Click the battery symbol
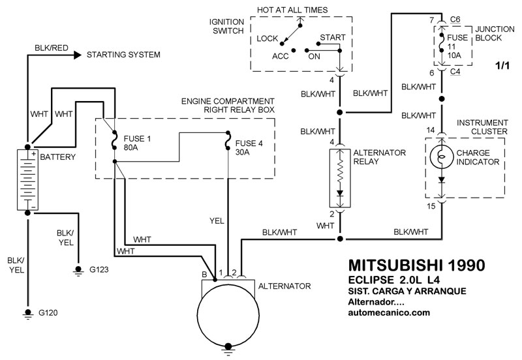27,179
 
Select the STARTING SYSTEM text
123,54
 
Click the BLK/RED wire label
51,48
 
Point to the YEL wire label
217,220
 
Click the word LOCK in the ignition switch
267,38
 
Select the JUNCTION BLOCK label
488,35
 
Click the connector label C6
455,20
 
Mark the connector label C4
455,72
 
